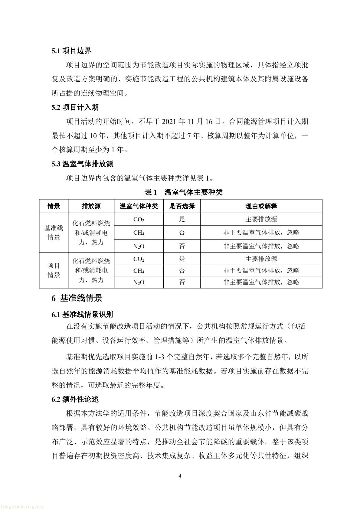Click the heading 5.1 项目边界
[x=71, y=51]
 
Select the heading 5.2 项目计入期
[x=75, y=107]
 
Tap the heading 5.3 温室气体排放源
[x=82, y=164]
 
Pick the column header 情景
[x=54, y=206]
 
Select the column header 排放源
[x=91, y=206]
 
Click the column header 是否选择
[x=182, y=206]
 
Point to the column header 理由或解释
[x=261, y=206]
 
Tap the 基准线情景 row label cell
[x=54, y=233]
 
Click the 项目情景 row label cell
[x=54, y=270]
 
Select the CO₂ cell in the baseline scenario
[x=139, y=220]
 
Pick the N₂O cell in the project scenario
[x=139, y=282]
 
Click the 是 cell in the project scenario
[x=182, y=259]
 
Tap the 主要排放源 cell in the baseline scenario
[x=261, y=219]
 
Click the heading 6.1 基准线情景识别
[x=82, y=315]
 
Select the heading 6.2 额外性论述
[x=75, y=399]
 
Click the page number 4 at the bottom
[x=180, y=476]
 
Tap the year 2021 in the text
[x=170, y=122]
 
